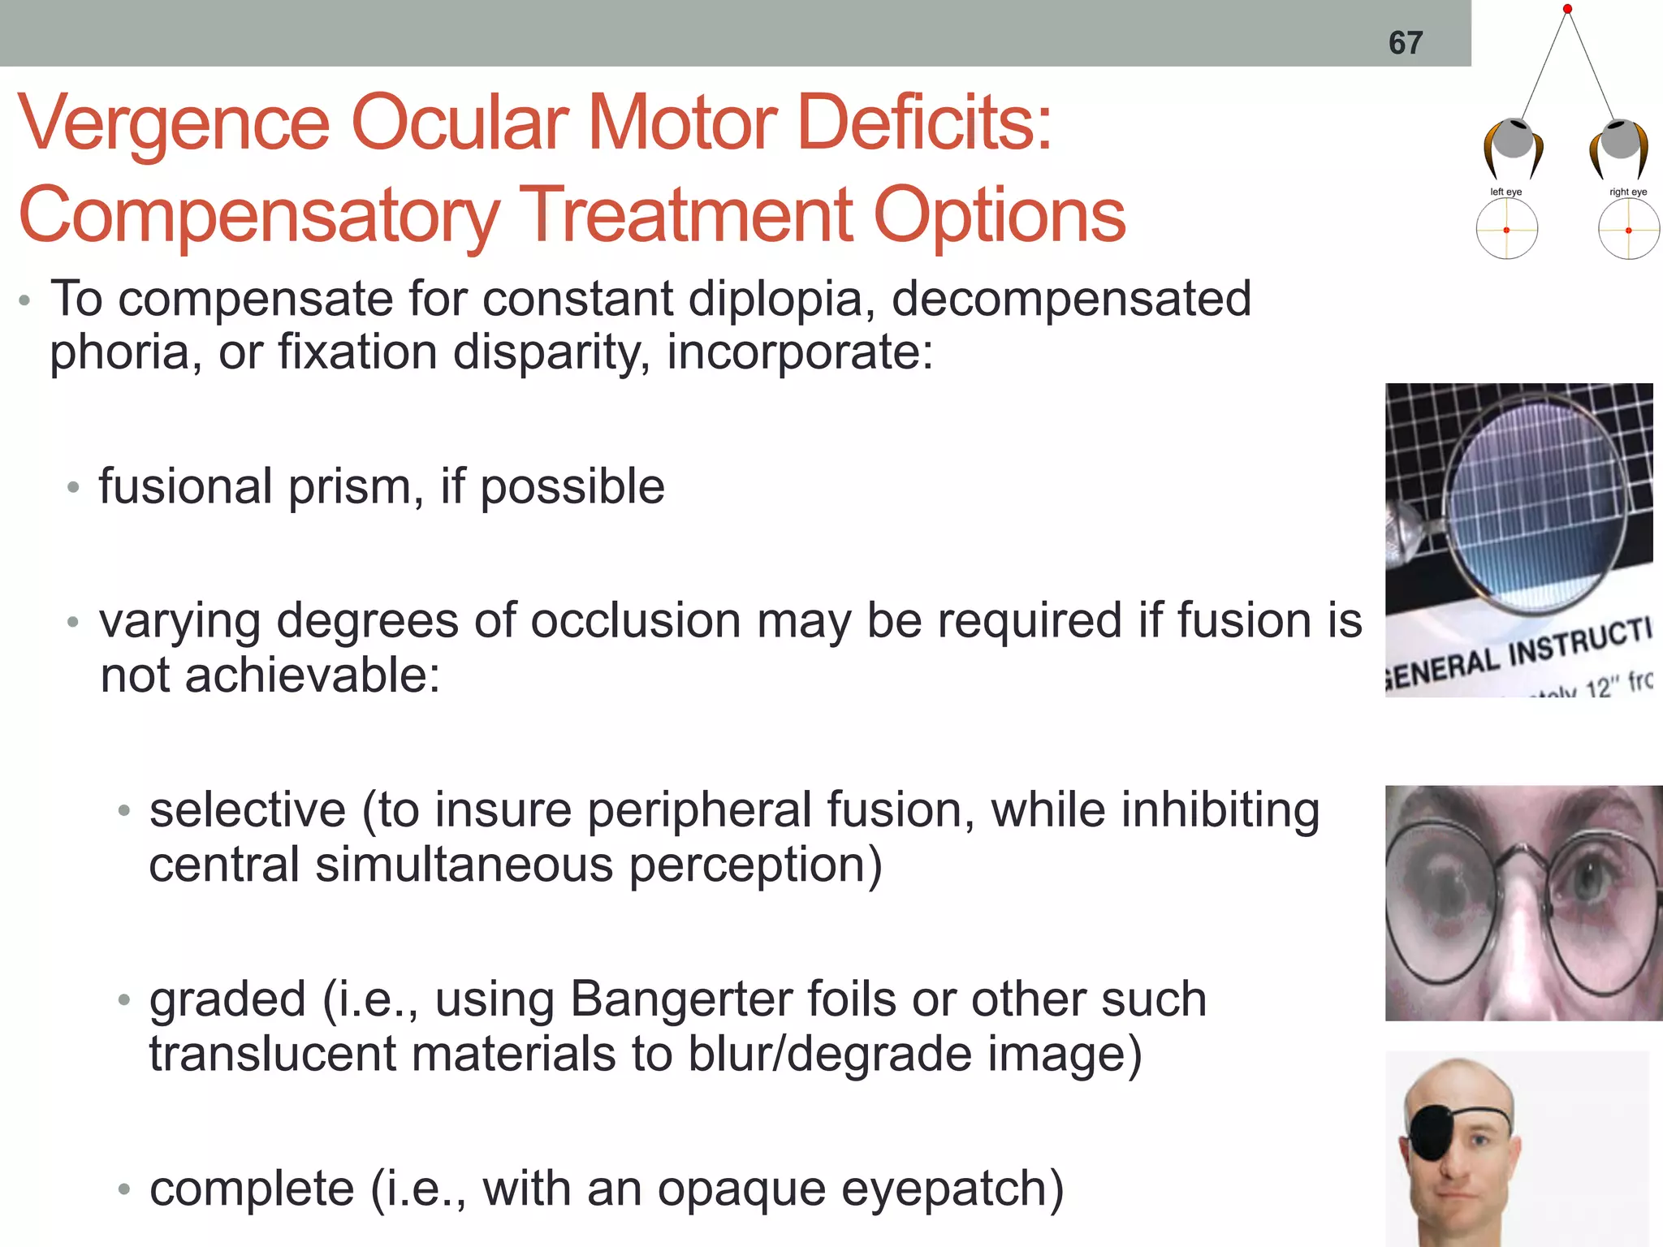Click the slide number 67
pos(1406,42)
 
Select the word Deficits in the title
pos(925,123)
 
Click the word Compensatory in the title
pos(258,215)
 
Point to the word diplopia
pos(781,299)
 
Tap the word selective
pos(248,809)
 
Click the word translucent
pos(273,1053)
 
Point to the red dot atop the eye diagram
pos(1567,9)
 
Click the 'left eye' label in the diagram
pos(1505,192)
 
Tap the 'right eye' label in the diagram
pos(1628,192)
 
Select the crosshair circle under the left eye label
pos(1506,230)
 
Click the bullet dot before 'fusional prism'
pos(74,488)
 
